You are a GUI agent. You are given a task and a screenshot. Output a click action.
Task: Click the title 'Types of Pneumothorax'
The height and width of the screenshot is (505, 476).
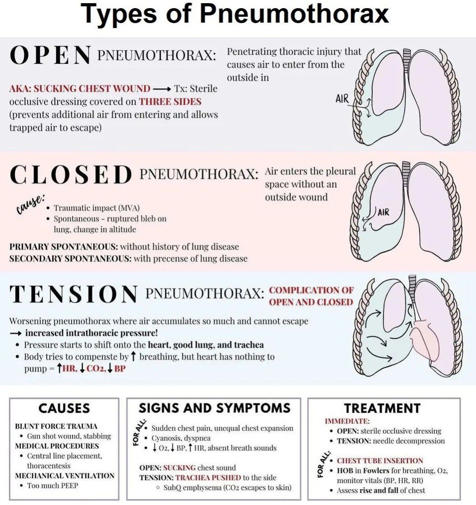point(235,14)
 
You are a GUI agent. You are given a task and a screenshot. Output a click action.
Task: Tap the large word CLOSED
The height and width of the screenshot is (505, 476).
point(70,175)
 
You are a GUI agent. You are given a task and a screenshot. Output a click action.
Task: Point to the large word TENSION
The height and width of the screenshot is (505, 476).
point(73,295)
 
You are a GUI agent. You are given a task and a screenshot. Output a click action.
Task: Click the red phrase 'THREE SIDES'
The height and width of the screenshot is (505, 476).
point(170,101)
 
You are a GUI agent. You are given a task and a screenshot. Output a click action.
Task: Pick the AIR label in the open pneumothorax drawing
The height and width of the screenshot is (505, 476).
point(342,99)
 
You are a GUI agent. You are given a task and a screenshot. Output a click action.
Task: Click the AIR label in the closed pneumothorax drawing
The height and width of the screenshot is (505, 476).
point(383,212)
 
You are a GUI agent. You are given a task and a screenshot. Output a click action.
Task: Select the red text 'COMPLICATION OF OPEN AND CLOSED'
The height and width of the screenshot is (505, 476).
point(311,296)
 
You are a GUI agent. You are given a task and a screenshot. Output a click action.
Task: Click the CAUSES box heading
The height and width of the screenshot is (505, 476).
point(64,409)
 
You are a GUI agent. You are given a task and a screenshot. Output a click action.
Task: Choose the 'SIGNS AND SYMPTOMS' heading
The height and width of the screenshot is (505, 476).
point(214,408)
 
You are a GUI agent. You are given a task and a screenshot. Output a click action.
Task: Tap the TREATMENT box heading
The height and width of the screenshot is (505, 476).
point(382,409)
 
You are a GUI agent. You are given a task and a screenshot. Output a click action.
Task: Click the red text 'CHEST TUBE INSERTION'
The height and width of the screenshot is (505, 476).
point(380,461)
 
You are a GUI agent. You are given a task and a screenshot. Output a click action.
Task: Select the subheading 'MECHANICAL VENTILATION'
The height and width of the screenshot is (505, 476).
point(65,476)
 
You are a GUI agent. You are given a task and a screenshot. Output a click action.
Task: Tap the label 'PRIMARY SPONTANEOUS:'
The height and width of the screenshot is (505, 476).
point(63,247)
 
